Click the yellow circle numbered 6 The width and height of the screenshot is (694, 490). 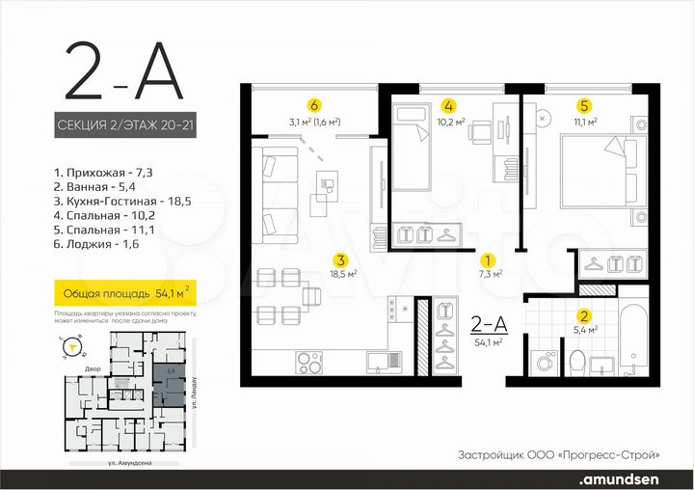pos(313,105)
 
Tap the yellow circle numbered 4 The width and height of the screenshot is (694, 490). pos(448,105)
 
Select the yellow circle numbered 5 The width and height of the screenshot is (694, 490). pos(583,105)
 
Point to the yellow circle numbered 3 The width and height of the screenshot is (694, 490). pos(340,259)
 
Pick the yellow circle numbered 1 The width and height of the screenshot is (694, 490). pos(489,259)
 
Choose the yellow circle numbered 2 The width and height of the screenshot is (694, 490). pos(583,315)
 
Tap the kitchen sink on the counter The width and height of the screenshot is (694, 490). pos(385,363)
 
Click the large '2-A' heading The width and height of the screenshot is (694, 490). pos(123,73)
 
